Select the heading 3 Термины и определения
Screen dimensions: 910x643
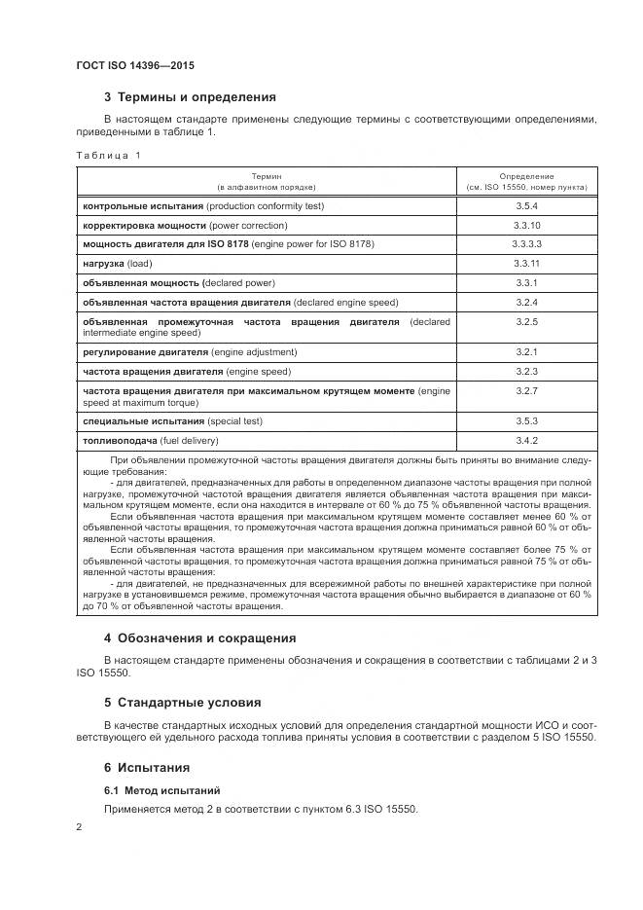[190, 97]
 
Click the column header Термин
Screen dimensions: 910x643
[267, 175]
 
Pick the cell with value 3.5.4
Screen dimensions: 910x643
[526, 206]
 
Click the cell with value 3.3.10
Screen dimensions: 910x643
[526, 225]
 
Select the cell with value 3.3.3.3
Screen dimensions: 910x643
[526, 244]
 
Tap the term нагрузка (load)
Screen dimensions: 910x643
[118, 264]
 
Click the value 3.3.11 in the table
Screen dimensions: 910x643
[526, 264]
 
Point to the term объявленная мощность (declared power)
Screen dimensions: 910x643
[179, 283]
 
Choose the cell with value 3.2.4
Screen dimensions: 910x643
[526, 302]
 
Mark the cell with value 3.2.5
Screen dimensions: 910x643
[526, 321]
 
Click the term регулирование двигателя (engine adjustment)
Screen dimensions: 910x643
[190, 351]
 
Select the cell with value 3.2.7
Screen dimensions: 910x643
[526, 390]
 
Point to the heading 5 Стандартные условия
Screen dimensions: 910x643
[184, 702]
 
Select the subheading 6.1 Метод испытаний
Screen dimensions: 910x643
[161, 789]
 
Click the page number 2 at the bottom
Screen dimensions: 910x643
[79, 827]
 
